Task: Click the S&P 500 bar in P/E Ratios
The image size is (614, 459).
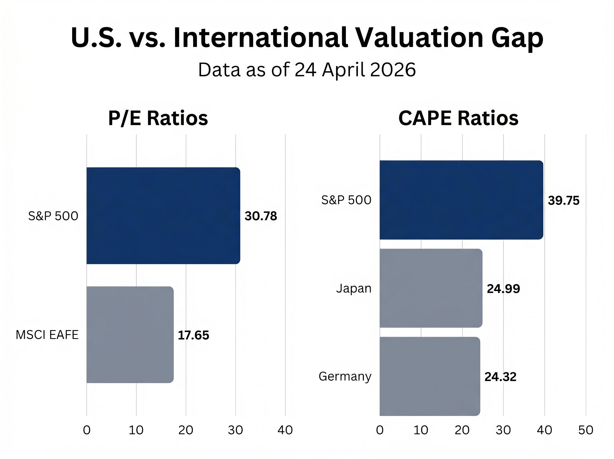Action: click(163, 216)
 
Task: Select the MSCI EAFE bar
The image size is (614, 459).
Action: click(130, 335)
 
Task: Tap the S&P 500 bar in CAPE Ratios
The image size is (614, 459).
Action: click(461, 200)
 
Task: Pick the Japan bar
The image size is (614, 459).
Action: click(431, 288)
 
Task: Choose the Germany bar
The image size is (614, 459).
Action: click(430, 376)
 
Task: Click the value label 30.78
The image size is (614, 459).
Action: click(260, 216)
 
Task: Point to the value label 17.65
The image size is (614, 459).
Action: click(193, 335)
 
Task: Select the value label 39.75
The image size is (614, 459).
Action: click(564, 201)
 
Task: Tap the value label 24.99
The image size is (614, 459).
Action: click(503, 289)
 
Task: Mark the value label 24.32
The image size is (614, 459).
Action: click(500, 377)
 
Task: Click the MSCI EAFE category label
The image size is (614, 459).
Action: click(47, 335)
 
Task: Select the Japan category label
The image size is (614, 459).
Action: click(354, 288)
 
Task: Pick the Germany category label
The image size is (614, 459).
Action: click(345, 377)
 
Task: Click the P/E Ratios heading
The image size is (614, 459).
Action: click(158, 118)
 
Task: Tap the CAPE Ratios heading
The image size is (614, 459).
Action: click(458, 118)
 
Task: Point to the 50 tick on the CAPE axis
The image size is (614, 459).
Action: click(586, 430)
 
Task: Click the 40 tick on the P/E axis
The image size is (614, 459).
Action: click(285, 430)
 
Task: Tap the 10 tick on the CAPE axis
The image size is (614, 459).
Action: click(421, 430)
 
